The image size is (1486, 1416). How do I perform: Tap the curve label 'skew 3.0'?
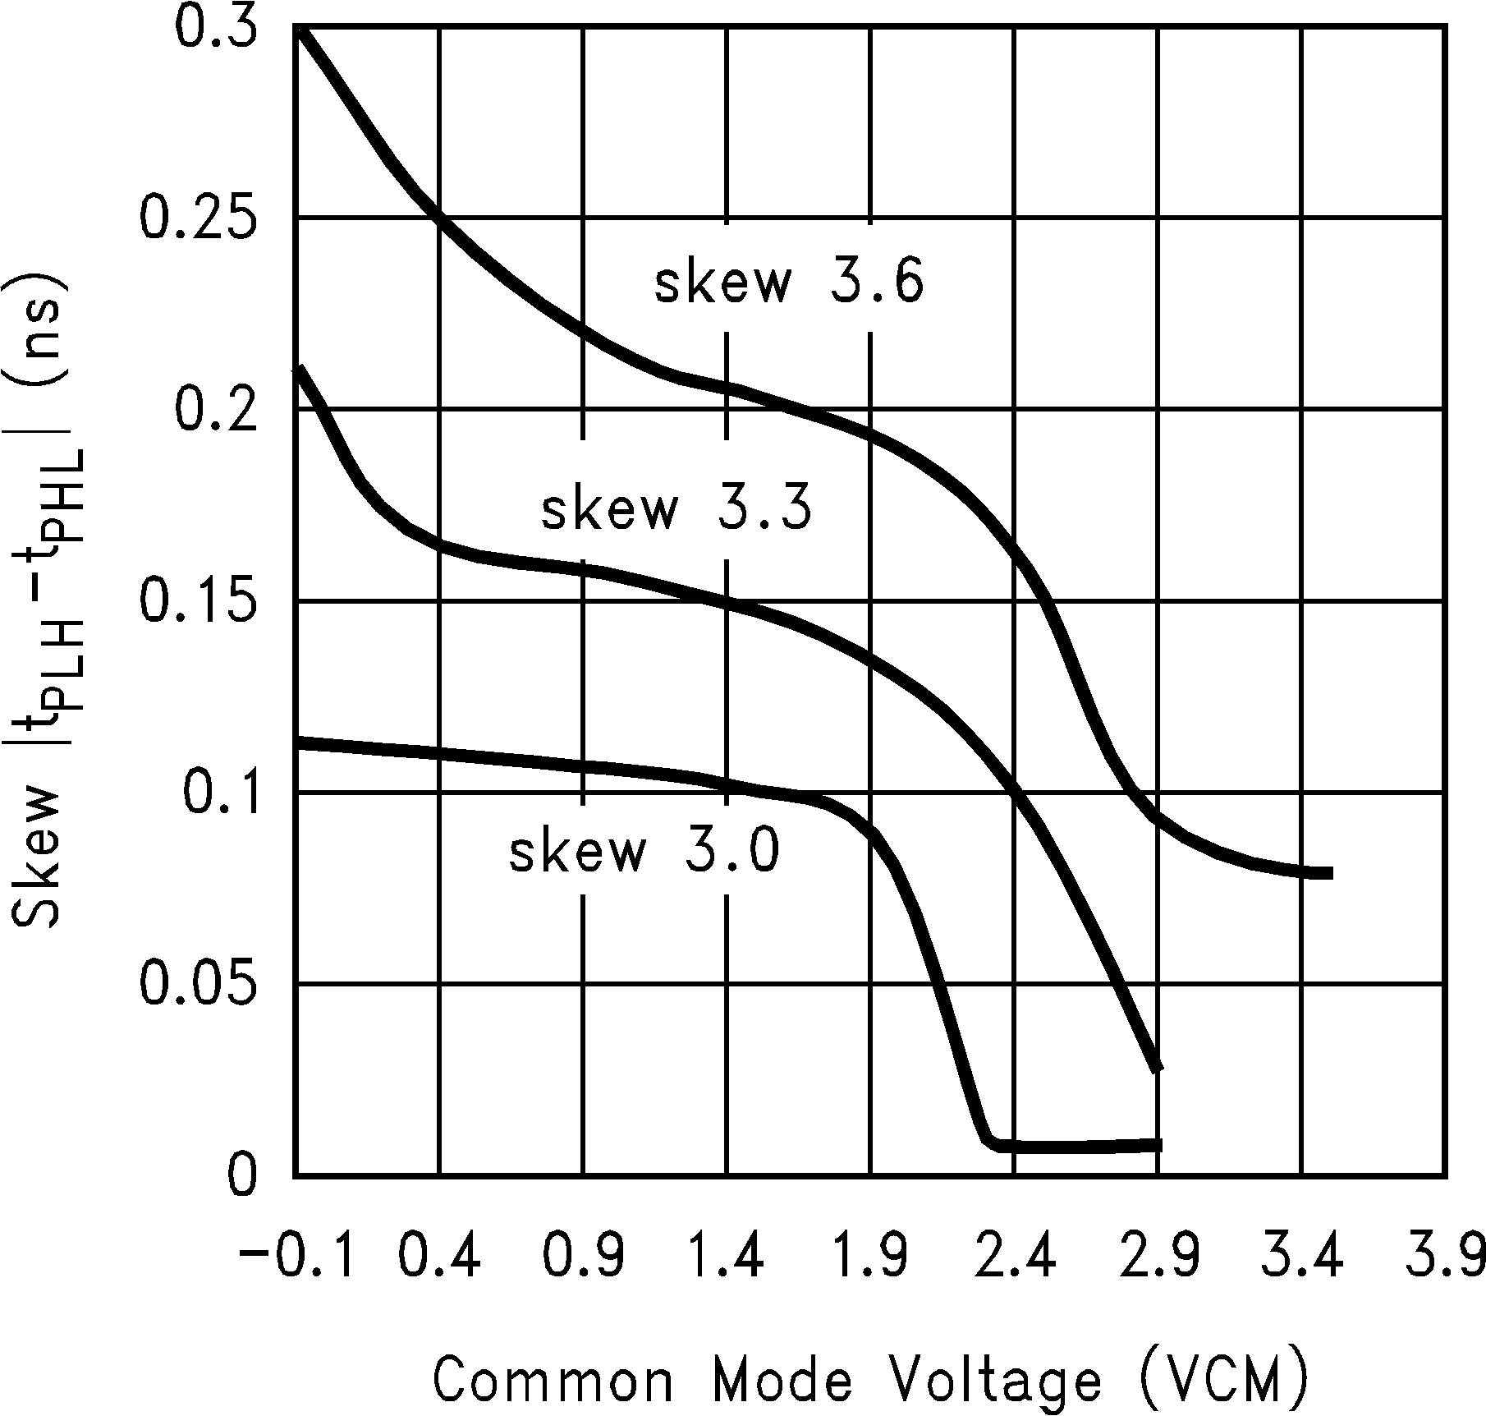point(644,851)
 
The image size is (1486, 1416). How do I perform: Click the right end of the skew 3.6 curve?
point(1328,873)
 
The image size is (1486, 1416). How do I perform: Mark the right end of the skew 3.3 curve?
point(1158,1068)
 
